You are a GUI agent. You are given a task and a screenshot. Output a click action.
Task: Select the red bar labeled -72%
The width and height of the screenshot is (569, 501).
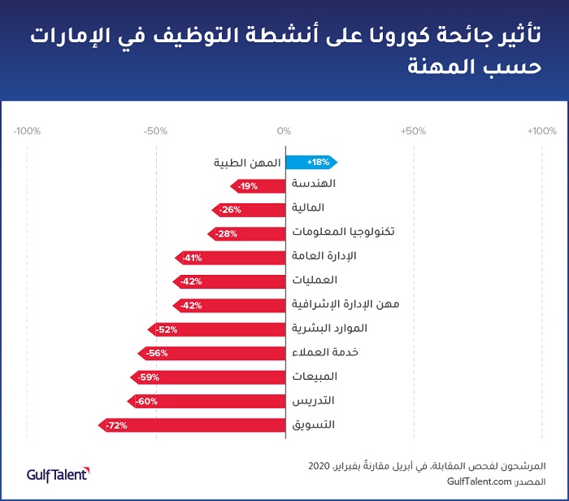click(192, 425)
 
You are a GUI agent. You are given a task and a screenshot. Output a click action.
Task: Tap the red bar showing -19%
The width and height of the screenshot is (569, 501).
click(258, 186)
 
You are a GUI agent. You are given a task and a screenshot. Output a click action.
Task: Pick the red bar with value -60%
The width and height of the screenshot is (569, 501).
click(206, 401)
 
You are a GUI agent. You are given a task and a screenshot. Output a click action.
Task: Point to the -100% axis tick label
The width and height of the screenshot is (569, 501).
click(27, 131)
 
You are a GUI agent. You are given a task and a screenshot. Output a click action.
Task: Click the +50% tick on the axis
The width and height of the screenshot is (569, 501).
click(413, 131)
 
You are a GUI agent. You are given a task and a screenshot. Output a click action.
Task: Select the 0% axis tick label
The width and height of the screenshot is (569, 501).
click(284, 131)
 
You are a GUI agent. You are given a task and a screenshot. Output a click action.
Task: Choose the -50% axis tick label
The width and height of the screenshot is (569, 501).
click(155, 131)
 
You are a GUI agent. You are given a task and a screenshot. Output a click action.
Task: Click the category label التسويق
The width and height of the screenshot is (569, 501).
click(313, 425)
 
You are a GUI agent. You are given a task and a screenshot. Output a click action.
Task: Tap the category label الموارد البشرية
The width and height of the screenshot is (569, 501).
click(329, 329)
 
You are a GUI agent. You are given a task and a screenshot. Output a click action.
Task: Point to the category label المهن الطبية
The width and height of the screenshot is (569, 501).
click(247, 163)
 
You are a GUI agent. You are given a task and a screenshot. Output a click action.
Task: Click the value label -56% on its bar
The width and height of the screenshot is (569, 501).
click(158, 354)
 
